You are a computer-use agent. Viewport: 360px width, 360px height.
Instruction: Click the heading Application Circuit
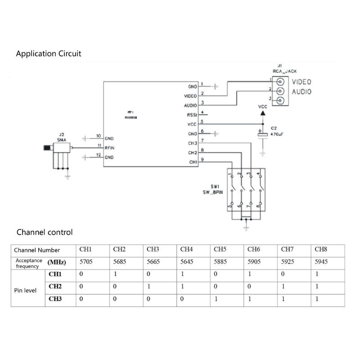[49, 54]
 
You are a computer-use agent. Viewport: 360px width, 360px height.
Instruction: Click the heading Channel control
[44, 232]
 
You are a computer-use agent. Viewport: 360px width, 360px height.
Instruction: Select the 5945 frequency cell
[321, 261]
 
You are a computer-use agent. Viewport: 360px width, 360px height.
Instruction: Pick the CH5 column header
[220, 249]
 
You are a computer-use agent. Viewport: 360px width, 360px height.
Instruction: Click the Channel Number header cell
[36, 250]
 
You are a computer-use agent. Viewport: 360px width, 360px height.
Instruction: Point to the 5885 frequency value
[220, 261]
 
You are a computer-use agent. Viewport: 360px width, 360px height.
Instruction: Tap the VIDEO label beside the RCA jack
[301, 82]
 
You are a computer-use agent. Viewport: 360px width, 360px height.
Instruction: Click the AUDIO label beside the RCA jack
[301, 92]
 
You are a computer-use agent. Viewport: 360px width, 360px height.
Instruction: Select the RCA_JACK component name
[284, 71]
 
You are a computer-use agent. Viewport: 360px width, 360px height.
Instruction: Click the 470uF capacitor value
[277, 134]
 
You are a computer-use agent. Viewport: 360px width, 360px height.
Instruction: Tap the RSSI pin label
[192, 115]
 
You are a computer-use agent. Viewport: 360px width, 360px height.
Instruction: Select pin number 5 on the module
[202, 121]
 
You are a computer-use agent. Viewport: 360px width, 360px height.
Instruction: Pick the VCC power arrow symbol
[262, 113]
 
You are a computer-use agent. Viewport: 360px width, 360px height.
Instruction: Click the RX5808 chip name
[131, 116]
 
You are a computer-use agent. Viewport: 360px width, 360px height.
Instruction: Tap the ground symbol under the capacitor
[262, 154]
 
